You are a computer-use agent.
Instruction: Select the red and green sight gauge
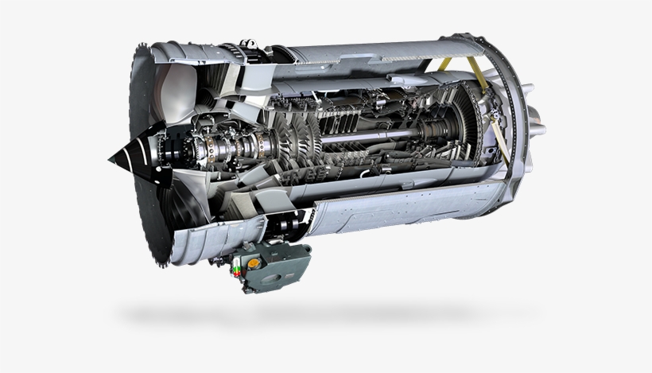point(236,273)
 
